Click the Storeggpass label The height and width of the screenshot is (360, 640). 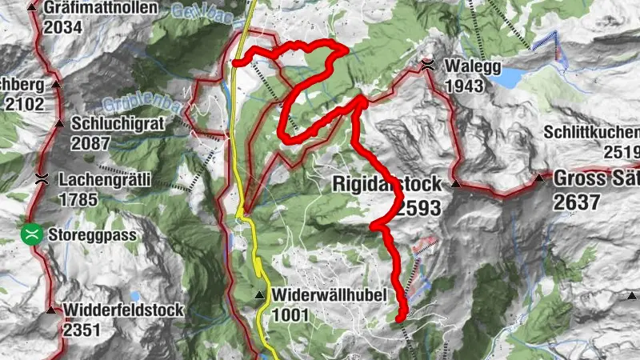pos(92,236)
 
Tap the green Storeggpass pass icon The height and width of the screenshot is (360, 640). pos(31,235)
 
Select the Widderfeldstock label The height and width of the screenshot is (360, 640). pos(124,310)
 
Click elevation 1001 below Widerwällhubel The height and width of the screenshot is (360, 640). pos(290,315)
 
